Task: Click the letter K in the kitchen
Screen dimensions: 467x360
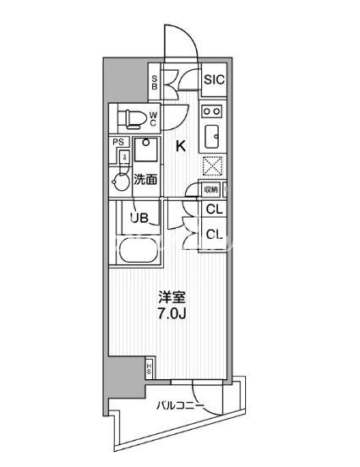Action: pyautogui.click(x=180, y=145)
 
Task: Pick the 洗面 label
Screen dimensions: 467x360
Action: pyautogui.click(x=145, y=178)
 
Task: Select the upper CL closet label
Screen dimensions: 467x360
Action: pyautogui.click(x=214, y=209)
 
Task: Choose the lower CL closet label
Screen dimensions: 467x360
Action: pyautogui.click(x=214, y=235)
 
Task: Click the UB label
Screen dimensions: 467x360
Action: pyautogui.click(x=139, y=218)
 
